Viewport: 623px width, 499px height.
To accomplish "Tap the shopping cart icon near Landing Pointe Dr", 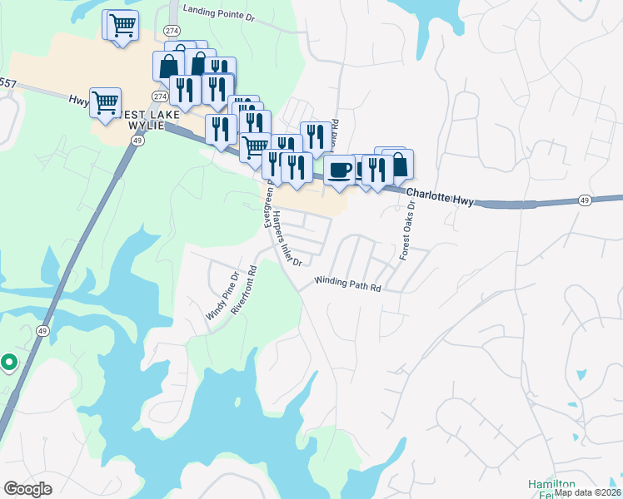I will [122, 25].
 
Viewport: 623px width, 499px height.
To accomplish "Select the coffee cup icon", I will [339, 170].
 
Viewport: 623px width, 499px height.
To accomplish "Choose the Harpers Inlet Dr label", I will [286, 237].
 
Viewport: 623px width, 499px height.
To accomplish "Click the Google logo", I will [27, 488].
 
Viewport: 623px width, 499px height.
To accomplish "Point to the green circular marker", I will [9, 363].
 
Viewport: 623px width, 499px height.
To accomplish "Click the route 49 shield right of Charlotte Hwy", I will [585, 200].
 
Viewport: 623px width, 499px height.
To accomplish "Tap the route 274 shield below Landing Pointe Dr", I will [172, 30].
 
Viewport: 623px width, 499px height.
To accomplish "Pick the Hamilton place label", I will [551, 484].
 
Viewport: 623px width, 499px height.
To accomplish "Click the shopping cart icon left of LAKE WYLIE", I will [105, 103].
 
